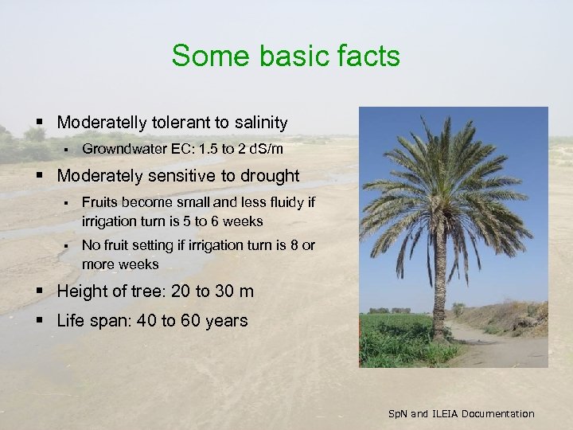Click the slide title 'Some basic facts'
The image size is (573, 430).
tap(286, 56)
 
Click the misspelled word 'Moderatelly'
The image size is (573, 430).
tap(103, 123)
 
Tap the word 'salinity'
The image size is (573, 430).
tap(257, 123)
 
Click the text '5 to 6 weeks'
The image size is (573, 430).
tap(225, 221)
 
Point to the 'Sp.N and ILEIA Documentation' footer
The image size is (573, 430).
tap(461, 413)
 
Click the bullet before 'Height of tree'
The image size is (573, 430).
tap(41, 291)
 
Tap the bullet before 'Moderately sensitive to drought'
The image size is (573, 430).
tap(41, 176)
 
